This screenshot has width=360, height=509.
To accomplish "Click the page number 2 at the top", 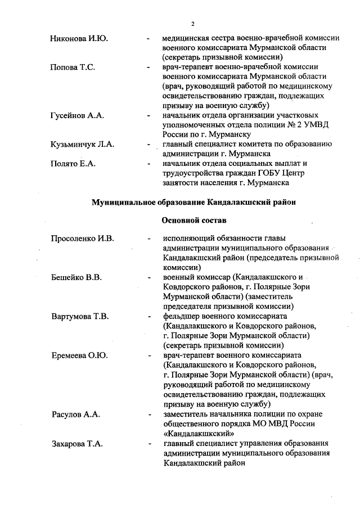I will point(192,24).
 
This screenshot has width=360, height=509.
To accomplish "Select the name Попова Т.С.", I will point(72,67).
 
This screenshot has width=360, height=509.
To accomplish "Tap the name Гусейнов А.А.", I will point(76,115).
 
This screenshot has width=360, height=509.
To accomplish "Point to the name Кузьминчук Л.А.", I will point(82,144).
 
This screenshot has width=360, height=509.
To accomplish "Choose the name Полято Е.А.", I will point(73,164).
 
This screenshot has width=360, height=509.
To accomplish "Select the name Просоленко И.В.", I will point(83,239).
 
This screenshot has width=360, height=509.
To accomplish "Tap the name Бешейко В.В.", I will point(76,277).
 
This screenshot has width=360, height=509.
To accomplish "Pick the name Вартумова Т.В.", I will point(80,316).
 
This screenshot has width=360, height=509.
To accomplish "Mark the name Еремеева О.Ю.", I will point(79,355).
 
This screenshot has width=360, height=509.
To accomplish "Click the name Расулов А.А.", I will point(75,414).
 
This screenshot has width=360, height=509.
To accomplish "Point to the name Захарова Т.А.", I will point(77,444).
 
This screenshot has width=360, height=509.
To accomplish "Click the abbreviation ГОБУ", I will point(271,173).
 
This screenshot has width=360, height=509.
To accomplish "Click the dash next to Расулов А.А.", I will point(148,415).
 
